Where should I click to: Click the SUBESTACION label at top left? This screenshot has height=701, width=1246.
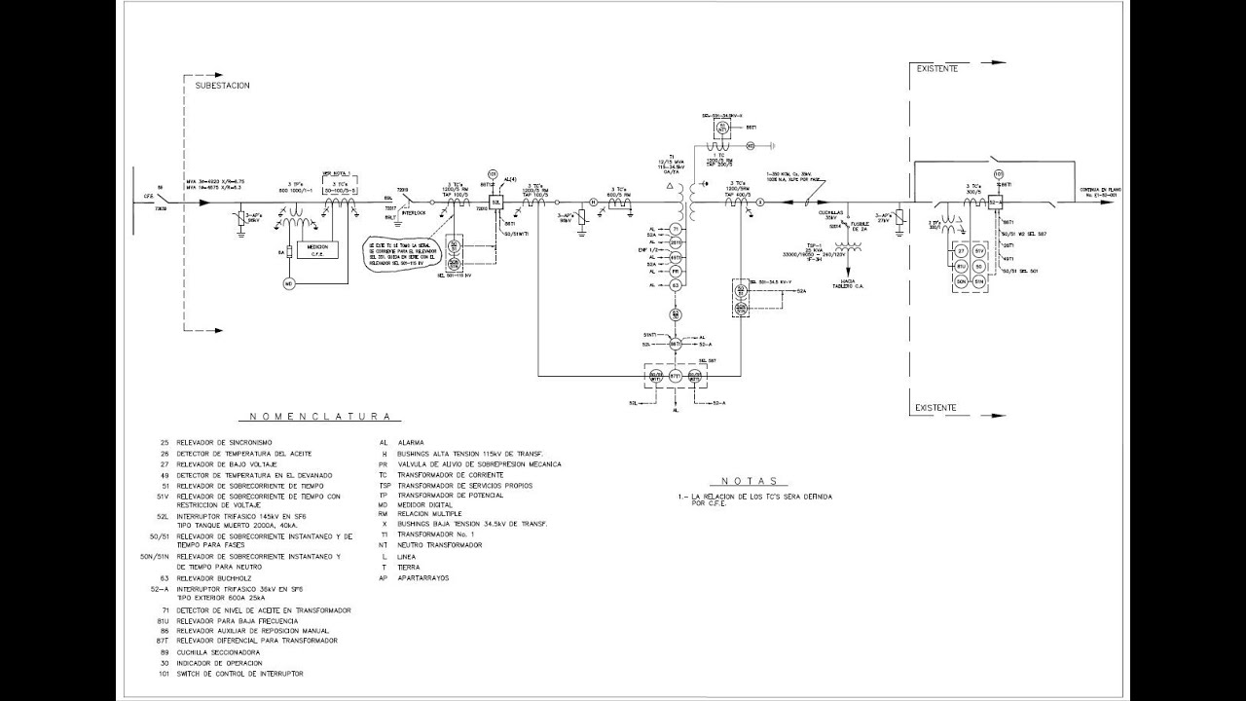coord(223,86)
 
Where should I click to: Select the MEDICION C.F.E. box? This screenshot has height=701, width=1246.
coord(317,249)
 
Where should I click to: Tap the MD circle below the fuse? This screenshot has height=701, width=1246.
coord(288,283)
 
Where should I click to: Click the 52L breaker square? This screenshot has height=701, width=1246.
coord(495,203)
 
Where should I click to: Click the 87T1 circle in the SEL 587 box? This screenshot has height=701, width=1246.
coord(676,375)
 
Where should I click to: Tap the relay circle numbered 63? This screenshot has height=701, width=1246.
coord(676,284)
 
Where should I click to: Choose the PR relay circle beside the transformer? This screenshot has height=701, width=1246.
coord(676,271)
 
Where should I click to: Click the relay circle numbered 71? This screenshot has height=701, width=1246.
coord(676,229)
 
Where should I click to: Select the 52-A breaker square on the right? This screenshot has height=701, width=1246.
coord(995,203)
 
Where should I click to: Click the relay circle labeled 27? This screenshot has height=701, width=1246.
coord(960,251)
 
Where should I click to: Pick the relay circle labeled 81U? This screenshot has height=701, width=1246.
coord(960,266)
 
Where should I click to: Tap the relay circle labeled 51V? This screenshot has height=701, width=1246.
coord(980,251)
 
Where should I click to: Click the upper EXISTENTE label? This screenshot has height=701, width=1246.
coord(937,69)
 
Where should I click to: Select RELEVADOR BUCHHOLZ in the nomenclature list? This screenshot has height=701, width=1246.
coord(208,577)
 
